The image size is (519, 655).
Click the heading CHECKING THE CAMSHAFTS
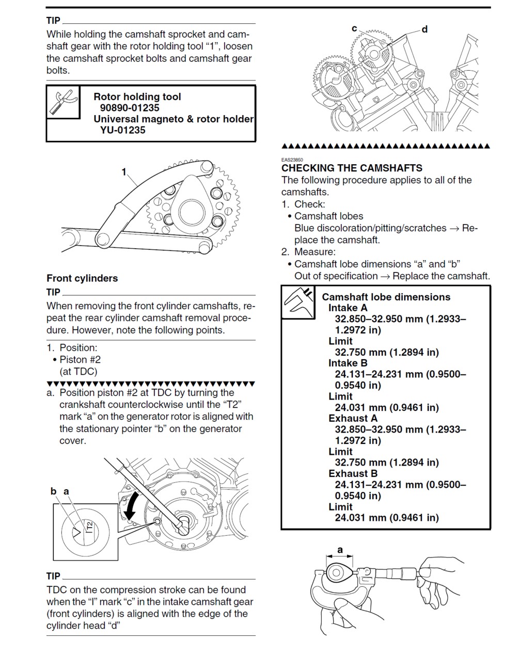coord(352,168)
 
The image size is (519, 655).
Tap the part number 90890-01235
coord(130,108)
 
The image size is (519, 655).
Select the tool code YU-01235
coord(123,130)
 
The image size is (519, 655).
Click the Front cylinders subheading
coord(82,278)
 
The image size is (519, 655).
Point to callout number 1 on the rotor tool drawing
coord(124,172)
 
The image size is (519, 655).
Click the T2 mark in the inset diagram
coord(90,527)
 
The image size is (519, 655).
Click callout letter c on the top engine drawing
coord(354,28)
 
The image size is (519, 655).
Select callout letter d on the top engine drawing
coord(424,29)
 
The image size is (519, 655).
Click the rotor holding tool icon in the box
coord(63,102)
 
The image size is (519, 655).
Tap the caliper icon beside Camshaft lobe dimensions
coord(298,302)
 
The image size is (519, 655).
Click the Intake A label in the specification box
coord(348,308)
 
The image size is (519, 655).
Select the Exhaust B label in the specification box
coord(353,474)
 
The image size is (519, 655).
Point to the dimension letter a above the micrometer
coord(340,550)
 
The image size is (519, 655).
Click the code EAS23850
coord(292,160)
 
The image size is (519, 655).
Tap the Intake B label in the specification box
coord(348,363)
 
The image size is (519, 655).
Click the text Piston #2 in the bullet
coord(80,360)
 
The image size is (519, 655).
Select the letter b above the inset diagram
coord(53,491)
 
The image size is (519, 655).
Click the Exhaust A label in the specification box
coord(353,419)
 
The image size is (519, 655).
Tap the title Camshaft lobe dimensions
coord(386,297)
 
